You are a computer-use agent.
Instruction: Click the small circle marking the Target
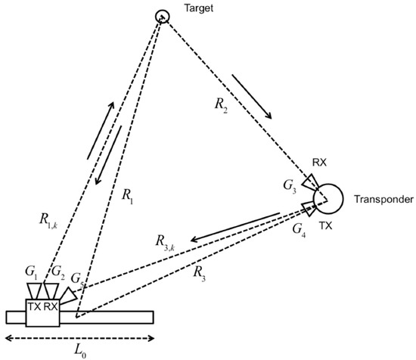[x=161, y=16]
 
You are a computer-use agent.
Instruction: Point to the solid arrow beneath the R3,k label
[x=235, y=227]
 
